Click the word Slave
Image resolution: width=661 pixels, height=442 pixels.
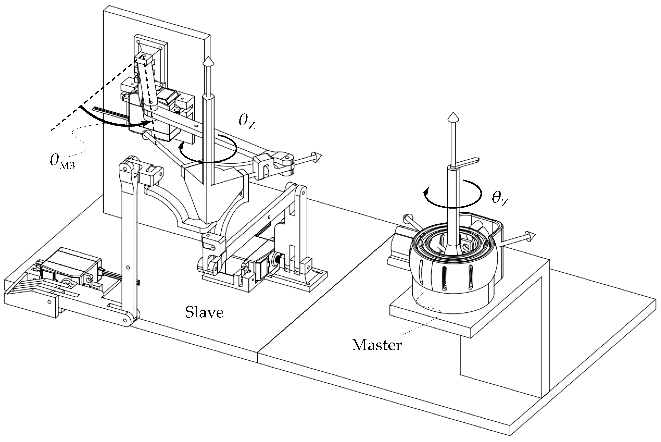pos(204,313)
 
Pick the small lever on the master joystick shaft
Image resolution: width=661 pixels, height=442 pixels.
pos(465,162)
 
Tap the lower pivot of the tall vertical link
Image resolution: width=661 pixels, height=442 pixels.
pos(128,320)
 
